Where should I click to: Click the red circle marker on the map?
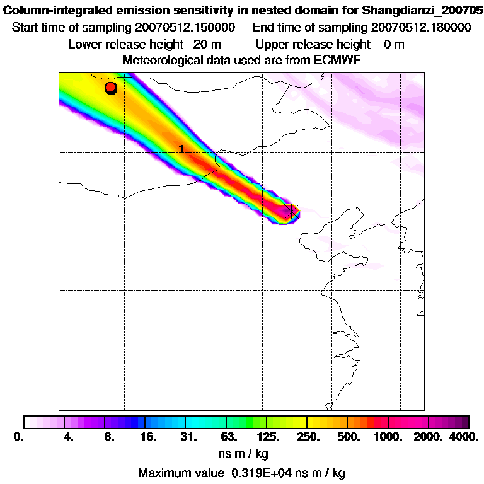tap(111, 88)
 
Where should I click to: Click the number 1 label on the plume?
tap(181, 149)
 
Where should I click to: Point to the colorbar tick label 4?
tap(69, 437)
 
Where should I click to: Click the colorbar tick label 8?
tap(109, 437)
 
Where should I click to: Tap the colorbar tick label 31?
tap(188, 437)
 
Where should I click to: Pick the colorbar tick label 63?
tap(228, 437)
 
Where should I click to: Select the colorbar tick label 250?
tap(309, 437)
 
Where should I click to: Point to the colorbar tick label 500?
tap(349, 437)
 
